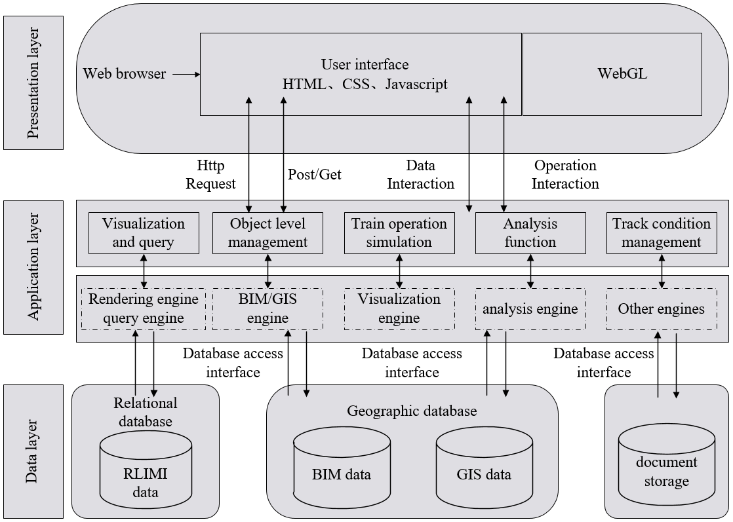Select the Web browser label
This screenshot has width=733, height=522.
coord(125,74)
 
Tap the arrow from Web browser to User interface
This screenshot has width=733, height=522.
coord(186,74)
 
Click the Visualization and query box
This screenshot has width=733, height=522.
coord(144,233)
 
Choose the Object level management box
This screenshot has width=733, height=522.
coord(268,233)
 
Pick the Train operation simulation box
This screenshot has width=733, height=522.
coord(399,233)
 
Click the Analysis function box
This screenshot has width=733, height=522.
coord(530,233)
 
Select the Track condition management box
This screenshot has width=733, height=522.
coord(662,233)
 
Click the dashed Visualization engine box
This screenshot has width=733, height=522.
coord(399,308)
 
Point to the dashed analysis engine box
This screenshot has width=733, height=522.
coord(530,308)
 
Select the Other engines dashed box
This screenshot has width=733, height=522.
coord(662,308)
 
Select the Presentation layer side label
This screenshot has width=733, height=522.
coord(33,83)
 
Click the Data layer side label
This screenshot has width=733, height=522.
coord(33,451)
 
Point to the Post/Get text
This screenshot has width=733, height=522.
coord(315,174)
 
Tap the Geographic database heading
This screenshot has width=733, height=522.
coord(412,411)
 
